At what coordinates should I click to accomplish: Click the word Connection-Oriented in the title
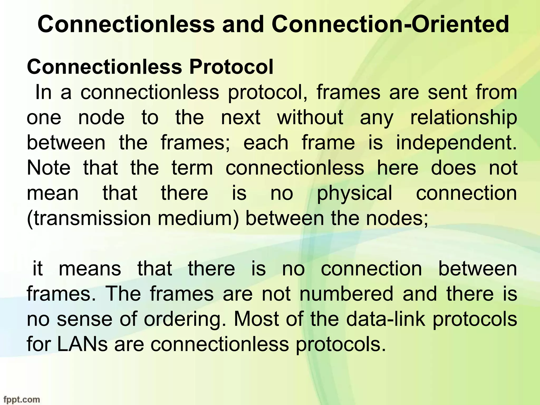click(x=390, y=24)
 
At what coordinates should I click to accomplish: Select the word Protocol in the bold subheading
click(x=231, y=67)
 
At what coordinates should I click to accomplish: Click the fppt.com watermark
click(x=20, y=400)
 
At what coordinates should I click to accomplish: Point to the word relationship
click(x=464, y=118)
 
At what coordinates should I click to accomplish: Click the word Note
click(x=49, y=168)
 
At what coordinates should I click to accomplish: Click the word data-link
click(x=386, y=319)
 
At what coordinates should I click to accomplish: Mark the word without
click(x=310, y=118)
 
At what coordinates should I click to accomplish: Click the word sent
click(x=447, y=93)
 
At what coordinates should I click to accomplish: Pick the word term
click(x=192, y=168)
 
